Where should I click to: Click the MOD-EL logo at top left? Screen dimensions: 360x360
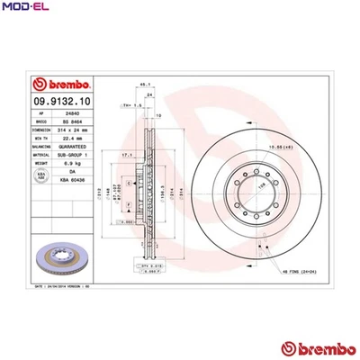(20, 8)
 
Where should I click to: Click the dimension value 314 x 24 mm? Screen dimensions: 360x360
(73, 130)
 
